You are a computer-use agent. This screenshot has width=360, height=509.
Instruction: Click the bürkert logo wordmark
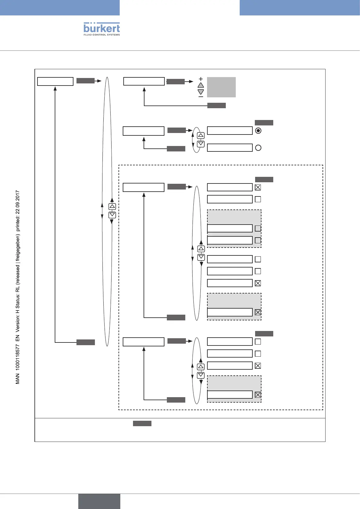pos(102,28)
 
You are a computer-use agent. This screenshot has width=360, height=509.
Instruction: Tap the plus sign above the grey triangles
pos(201,79)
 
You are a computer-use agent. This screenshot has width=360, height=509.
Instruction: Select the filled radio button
pos(258,131)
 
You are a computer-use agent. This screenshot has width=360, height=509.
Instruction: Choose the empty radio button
pos(258,148)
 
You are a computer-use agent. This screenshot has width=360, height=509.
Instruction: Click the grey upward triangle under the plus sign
pos(201,86)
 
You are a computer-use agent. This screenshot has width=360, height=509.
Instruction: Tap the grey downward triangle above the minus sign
pos(201,92)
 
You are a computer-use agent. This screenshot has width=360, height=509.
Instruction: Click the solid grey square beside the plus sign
pos(221,87)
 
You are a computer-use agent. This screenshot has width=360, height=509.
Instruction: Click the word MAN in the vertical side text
pos(18,379)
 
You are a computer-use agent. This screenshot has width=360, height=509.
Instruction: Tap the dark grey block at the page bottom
pos(99,501)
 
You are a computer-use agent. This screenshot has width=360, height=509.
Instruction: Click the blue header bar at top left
pos(60,8)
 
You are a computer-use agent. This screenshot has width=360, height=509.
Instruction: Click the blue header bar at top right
pos(300,8)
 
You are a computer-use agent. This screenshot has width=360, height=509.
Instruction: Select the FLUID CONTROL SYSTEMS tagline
pos(102,35)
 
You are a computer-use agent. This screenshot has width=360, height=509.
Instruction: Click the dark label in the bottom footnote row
pos(142,423)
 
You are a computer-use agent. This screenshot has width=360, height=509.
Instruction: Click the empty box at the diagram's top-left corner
pos(55,82)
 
